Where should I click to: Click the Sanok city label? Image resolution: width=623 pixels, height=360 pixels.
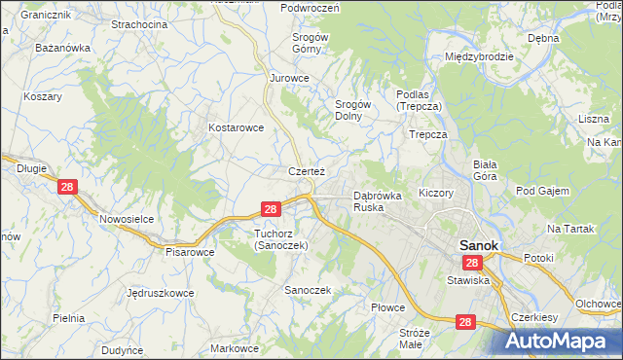point(478,245)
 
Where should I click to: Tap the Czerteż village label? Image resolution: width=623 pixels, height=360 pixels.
point(306,170)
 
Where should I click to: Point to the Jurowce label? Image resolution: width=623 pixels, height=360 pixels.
point(289,77)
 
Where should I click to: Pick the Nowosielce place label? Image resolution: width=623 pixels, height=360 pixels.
point(127,219)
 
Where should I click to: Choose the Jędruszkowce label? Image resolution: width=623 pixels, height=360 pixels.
point(160,292)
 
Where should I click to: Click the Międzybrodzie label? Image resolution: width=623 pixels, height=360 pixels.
point(478,56)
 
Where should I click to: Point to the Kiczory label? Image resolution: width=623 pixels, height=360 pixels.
point(436,193)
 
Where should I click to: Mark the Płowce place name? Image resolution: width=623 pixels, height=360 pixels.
point(387,307)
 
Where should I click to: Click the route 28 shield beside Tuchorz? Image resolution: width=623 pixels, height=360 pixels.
point(272,209)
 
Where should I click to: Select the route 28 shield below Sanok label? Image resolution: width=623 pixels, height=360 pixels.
point(472,264)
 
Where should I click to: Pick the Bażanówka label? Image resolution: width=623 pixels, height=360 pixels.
point(62,47)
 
